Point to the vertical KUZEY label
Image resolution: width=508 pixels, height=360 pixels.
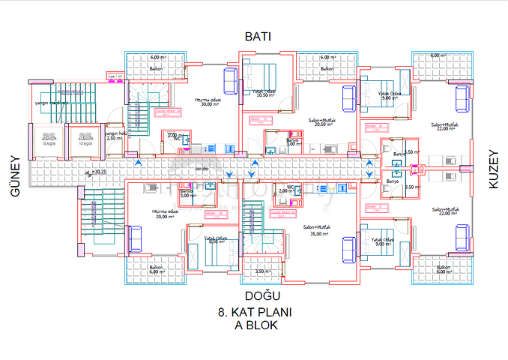tap(492, 169)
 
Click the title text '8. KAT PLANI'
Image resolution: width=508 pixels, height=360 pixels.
tap(253, 312)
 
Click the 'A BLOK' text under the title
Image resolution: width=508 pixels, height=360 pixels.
tap(256, 326)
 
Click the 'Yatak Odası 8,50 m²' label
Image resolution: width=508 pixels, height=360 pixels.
tap(217, 241)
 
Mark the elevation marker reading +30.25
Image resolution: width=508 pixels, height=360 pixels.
tap(98, 172)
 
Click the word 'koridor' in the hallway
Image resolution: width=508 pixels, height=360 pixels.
tap(202, 169)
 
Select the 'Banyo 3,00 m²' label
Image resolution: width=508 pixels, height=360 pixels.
tap(187, 193)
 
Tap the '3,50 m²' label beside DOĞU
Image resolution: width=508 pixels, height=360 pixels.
tap(261, 271)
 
